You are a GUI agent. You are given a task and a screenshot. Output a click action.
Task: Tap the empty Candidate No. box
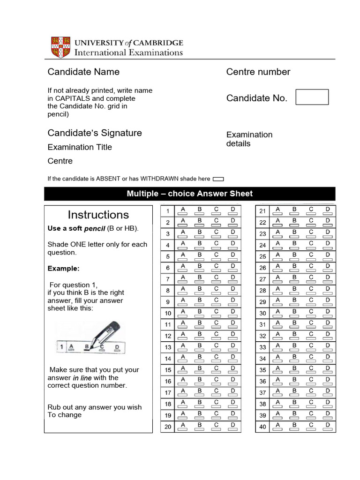(x=312, y=97)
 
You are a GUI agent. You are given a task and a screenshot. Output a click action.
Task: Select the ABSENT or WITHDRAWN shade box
(x=218, y=179)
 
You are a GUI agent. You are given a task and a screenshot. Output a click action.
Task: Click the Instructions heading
(x=98, y=215)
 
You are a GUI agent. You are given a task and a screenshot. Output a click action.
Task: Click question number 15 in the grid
(x=168, y=370)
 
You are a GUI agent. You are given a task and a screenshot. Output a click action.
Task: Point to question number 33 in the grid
(x=262, y=347)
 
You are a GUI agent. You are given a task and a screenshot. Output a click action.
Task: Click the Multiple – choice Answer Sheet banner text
(x=189, y=194)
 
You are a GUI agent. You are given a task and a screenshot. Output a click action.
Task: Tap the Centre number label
(x=258, y=72)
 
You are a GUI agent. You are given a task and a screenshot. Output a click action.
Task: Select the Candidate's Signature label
(x=94, y=133)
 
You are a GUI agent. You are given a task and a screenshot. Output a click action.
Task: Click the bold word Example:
(x=63, y=269)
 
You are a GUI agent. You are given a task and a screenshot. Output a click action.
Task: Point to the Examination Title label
(x=80, y=147)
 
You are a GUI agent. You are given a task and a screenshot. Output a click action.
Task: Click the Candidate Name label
(x=83, y=72)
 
